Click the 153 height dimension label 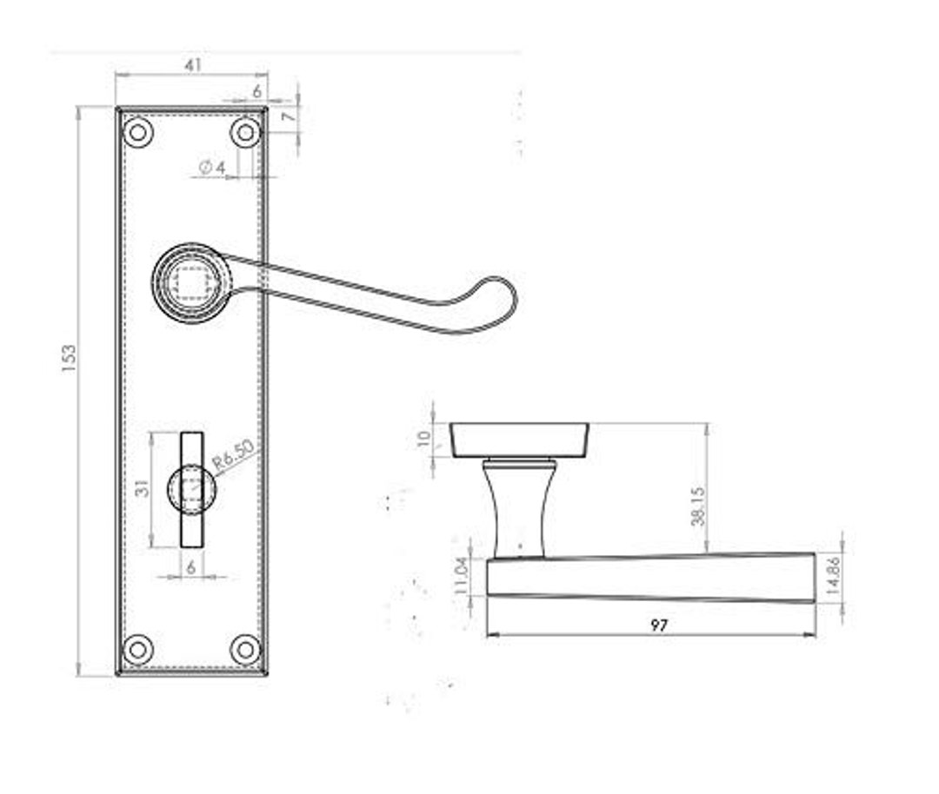coord(69,359)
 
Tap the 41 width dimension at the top coord(193,65)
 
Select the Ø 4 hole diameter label coord(212,167)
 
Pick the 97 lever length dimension coord(659,625)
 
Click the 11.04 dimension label coord(462,575)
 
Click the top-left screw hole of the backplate coord(138,133)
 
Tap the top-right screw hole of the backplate coord(246,133)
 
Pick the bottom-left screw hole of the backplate coord(137,649)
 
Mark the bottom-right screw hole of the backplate coord(246,649)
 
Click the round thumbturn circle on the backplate coord(191,488)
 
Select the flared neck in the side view coord(516,508)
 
